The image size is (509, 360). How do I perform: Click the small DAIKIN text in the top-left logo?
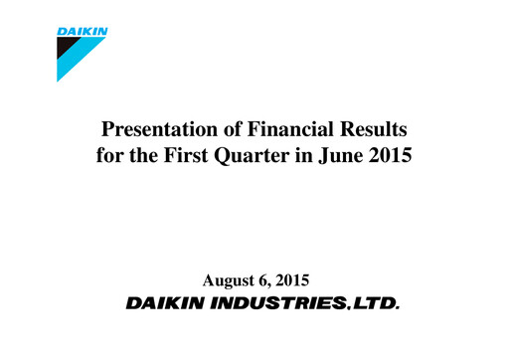83,33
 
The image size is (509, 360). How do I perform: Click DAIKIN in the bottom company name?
168,301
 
